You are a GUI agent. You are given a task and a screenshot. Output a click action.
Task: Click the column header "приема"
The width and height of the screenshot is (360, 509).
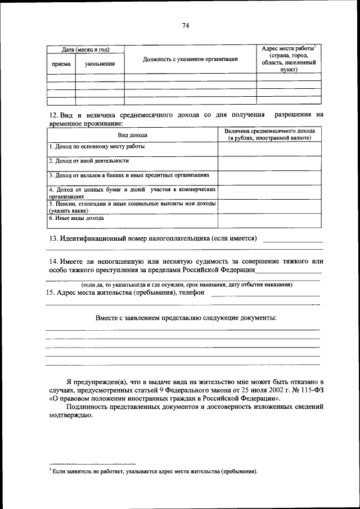point(61,64)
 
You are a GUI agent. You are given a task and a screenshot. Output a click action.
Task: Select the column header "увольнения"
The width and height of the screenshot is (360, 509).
point(100,64)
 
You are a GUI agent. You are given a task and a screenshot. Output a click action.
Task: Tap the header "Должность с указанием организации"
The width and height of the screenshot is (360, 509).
point(190,59)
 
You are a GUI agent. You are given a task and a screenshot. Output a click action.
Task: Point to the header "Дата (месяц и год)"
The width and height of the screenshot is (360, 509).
point(85,49)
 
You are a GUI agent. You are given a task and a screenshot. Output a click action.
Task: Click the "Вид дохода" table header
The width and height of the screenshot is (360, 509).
point(132,135)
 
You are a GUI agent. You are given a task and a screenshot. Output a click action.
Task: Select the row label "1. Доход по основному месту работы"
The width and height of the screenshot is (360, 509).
point(96,146)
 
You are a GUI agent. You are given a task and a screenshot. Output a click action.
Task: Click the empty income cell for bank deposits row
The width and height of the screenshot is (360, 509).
point(269,178)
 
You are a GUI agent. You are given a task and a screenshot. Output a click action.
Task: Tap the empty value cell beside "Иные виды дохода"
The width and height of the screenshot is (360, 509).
point(269,220)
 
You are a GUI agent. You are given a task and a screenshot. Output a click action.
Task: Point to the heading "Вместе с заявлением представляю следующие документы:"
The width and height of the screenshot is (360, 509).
point(186,318)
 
